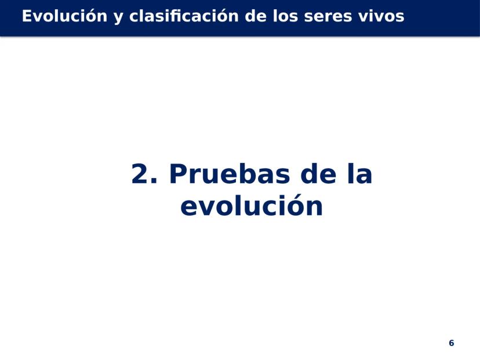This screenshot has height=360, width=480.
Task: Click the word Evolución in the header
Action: point(64,16)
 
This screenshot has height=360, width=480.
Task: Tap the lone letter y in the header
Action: point(118,18)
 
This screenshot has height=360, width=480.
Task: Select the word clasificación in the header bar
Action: point(184,16)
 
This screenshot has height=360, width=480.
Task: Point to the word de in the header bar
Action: point(256,16)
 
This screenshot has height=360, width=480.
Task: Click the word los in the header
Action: point(285,16)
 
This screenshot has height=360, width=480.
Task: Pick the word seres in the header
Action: point(328,17)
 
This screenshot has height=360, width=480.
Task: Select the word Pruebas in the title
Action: point(230,173)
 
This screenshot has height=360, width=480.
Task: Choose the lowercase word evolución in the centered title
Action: point(252,205)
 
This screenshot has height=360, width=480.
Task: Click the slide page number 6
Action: point(451,343)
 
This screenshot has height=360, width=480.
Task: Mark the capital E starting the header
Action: point(27,16)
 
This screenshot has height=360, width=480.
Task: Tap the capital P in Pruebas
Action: point(179,173)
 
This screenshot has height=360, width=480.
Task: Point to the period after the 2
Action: point(154,181)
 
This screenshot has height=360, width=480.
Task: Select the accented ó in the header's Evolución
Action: point(91,16)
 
